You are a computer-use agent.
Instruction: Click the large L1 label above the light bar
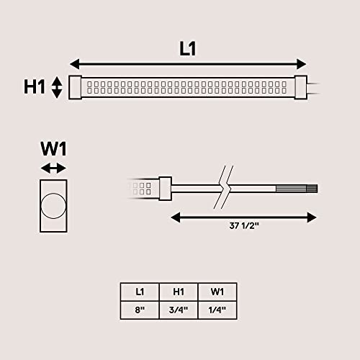pos(188,49)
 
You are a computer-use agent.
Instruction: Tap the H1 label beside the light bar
pos(35,86)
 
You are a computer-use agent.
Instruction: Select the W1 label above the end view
pos(53,149)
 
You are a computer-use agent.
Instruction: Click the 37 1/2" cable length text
pos(244,226)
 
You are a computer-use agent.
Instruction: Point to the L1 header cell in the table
pos(140,292)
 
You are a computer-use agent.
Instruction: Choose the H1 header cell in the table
pos(179,292)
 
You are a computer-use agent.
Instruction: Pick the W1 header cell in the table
pos(217,292)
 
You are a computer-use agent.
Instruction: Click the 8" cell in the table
pos(140,310)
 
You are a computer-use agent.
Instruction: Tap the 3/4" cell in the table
pos(179,310)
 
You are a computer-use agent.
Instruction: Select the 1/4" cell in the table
pos(217,310)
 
